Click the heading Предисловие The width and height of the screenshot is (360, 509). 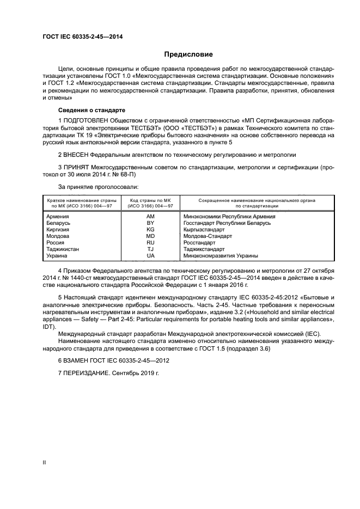coord(188,54)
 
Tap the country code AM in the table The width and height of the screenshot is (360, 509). coord(150,216)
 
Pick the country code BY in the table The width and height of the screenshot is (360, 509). coord(150,223)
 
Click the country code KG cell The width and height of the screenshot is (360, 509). coord(150,230)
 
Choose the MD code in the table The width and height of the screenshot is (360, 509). coord(150,236)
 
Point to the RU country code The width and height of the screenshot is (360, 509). coord(150,243)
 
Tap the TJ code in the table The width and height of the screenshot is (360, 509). coord(150,249)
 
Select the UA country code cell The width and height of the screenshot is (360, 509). coord(150,256)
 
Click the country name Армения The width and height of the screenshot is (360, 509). coord(58,216)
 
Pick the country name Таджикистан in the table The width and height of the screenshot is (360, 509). coord(63,249)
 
